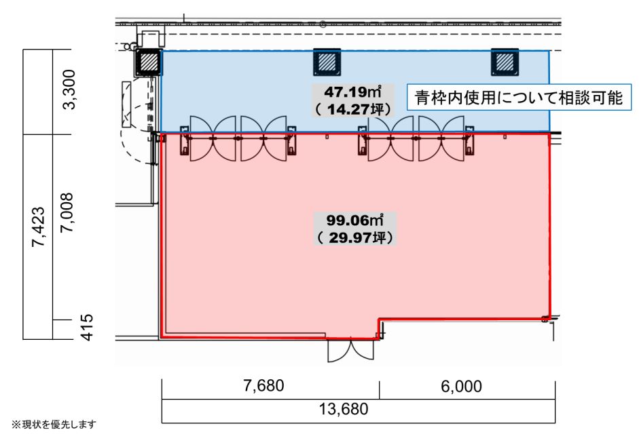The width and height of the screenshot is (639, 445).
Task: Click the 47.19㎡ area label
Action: tap(353, 92)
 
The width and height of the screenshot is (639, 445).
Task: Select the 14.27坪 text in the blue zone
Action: tap(353, 109)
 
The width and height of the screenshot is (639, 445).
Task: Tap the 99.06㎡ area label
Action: tap(354, 220)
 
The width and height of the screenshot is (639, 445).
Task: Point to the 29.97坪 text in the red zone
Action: tap(354, 237)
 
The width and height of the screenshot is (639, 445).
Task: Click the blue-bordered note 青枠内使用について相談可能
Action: tap(519, 97)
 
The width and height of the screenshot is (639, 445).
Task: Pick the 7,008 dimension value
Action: tap(67, 212)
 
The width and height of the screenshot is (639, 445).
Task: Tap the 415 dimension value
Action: tap(87, 328)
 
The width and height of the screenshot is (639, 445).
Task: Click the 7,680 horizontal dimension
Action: tap(263, 385)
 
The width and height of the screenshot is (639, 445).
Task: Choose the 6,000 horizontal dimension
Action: tap(461, 386)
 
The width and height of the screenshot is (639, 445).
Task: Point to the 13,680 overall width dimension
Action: tap(344, 409)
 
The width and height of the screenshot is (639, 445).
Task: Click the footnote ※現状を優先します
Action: tap(54, 424)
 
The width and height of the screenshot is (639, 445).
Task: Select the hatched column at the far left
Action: tap(149, 62)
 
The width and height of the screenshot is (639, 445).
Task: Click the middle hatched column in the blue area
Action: tap(327, 62)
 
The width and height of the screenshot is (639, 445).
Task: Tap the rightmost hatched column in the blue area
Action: tap(505, 62)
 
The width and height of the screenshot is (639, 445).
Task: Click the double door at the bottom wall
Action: tap(350, 350)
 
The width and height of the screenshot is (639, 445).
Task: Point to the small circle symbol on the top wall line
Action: tap(323, 24)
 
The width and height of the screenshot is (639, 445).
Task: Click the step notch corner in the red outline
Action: tap(379, 320)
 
